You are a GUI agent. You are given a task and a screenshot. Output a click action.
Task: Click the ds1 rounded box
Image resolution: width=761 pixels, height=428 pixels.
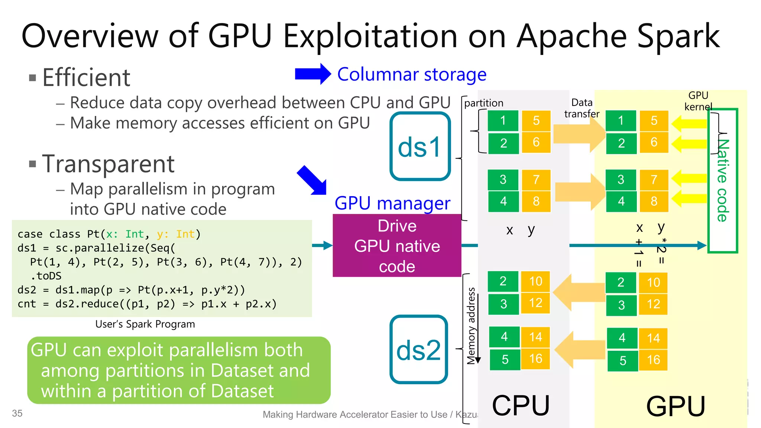click(420, 146)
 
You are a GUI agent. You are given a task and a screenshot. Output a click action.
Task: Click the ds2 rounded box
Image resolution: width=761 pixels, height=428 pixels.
click(419, 350)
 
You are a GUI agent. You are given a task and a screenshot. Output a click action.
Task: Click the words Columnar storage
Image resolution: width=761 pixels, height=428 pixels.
click(412, 74)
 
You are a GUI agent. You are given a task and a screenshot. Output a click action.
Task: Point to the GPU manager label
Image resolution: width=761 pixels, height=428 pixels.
click(392, 203)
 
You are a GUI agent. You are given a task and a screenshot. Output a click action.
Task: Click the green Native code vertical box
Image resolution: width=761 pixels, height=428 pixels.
click(723, 181)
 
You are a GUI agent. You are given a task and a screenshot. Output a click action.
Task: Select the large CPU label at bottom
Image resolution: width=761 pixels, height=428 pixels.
click(521, 405)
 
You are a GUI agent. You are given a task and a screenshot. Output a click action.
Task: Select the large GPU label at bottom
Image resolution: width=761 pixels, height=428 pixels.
click(676, 406)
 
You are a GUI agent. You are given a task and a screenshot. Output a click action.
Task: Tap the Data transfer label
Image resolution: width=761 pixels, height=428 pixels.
click(582, 108)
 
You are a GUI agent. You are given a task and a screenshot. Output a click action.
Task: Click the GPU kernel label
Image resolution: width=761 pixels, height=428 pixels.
click(698, 101)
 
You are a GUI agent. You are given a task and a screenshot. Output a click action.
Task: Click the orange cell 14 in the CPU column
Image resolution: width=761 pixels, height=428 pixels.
click(535, 337)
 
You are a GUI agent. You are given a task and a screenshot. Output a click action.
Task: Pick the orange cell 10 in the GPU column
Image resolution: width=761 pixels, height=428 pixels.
click(653, 282)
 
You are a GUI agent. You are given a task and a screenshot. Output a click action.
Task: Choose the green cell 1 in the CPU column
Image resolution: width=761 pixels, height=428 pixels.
click(503, 120)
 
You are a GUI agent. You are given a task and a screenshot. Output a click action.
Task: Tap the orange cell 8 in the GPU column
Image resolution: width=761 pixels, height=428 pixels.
click(654, 201)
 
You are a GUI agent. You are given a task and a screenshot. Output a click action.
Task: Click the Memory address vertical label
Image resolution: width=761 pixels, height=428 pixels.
click(471, 325)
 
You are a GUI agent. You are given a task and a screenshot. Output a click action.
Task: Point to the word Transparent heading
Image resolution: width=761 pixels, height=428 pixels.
click(108, 164)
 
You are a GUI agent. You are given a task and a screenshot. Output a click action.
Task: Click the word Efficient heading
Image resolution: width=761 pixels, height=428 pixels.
click(86, 78)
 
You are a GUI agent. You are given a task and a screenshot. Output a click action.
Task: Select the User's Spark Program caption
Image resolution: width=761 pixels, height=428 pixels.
click(145, 324)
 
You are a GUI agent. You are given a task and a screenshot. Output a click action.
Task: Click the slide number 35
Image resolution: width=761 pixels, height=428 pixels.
click(17, 413)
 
